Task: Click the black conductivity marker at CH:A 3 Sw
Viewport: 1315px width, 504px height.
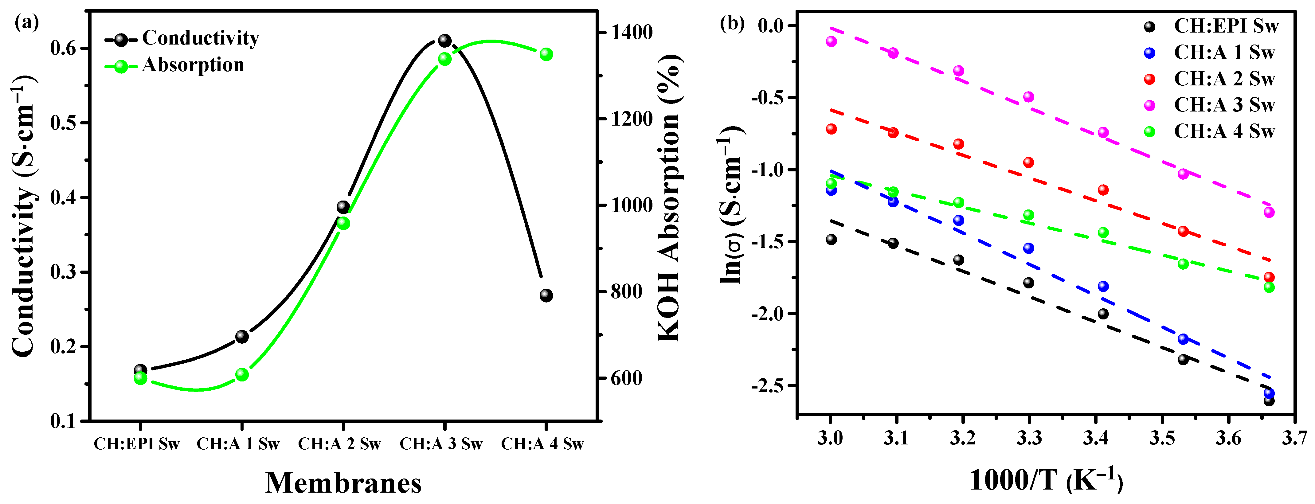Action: pos(444,40)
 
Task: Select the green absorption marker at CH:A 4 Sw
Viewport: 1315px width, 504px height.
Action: pos(546,54)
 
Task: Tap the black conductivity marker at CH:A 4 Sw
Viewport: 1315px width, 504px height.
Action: pos(546,295)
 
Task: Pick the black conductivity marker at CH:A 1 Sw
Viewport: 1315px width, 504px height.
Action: pos(242,337)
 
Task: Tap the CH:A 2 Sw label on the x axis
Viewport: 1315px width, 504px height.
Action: pos(339,444)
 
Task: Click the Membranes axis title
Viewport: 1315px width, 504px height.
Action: pos(343,483)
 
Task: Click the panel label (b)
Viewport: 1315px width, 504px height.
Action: pos(731,23)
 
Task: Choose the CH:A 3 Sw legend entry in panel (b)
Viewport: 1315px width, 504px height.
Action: pos(1224,105)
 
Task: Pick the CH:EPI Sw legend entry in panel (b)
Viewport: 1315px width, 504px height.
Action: pos(1226,26)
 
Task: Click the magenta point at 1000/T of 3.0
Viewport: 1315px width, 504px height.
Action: pos(831,41)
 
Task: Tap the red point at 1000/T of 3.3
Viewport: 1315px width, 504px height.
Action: pos(1029,162)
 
